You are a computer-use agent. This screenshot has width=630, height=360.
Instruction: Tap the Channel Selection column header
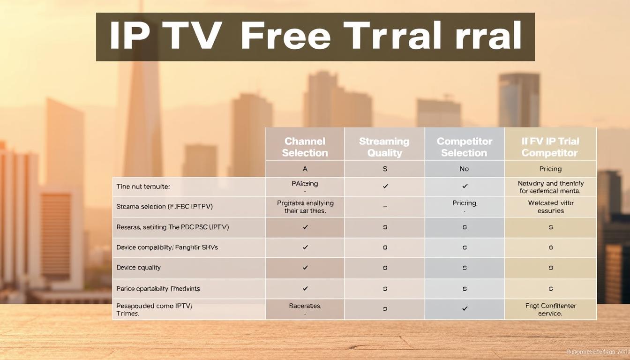[305, 147]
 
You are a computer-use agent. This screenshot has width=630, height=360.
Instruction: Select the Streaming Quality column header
[384, 147]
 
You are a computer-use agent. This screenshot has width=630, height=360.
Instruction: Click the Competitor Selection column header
[464, 147]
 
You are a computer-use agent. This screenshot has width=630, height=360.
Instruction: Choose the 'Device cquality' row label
[138, 268]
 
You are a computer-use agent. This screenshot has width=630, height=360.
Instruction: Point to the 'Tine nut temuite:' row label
[143, 187]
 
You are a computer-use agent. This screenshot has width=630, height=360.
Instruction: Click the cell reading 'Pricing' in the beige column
[550, 169]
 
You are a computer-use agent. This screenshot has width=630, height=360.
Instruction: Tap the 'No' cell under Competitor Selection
[464, 169]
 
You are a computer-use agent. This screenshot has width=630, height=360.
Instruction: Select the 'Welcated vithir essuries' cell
[550, 207]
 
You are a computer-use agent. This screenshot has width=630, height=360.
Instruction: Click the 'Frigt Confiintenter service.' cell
[550, 309]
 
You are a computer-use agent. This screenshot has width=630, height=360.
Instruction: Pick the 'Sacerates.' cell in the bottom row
[305, 306]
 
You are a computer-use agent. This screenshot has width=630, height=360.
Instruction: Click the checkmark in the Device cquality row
[305, 268]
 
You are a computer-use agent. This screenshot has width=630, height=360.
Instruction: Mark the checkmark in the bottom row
[465, 308]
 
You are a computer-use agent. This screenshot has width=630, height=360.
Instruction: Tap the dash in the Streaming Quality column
[385, 207]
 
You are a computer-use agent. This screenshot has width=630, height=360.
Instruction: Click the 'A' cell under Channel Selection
[305, 169]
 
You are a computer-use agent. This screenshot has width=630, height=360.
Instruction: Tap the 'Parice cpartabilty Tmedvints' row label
[158, 289]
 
